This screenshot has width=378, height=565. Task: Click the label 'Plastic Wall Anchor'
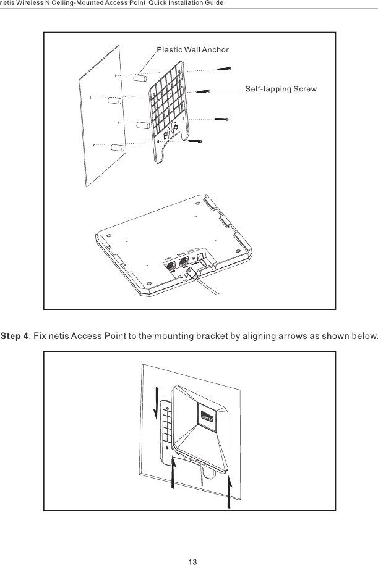tap(192, 49)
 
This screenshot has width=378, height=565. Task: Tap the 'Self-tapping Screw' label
tap(281, 89)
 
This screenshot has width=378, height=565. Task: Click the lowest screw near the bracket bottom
tap(196, 141)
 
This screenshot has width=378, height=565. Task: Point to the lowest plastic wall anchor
tap(118, 149)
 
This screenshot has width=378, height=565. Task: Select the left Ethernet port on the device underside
tap(170, 266)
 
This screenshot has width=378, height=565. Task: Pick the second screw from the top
tap(205, 91)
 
